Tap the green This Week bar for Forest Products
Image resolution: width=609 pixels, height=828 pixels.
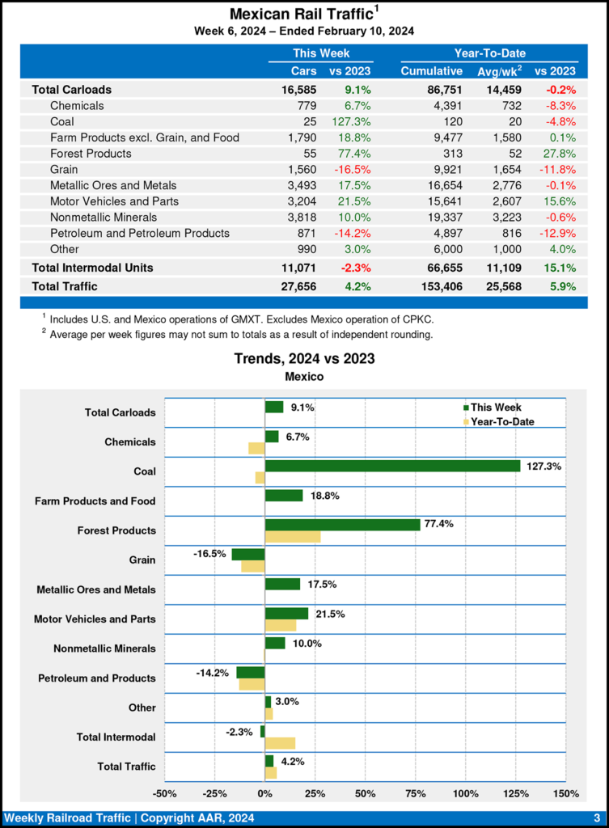(342, 525)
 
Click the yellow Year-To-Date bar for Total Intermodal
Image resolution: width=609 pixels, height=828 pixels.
(280, 743)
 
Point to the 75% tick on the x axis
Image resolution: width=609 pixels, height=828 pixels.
(416, 792)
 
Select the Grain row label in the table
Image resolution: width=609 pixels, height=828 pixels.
(64, 169)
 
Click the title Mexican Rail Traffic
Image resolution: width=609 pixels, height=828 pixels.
(300, 14)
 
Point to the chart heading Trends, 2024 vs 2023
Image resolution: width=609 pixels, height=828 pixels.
(304, 358)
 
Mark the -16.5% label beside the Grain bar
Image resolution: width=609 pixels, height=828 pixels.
(209, 554)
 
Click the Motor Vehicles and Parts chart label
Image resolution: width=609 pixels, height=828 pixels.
(95, 619)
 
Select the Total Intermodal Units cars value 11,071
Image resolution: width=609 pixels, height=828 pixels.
(299, 267)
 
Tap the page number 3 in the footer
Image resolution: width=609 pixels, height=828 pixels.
(596, 817)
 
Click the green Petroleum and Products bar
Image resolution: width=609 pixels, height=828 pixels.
(251, 672)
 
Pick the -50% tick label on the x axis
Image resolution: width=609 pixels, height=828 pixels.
(164, 792)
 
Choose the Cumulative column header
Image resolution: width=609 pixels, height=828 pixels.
(431, 71)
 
